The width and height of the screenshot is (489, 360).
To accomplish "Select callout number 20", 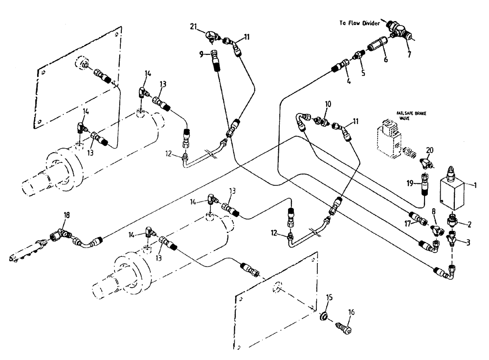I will tap(429, 150).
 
